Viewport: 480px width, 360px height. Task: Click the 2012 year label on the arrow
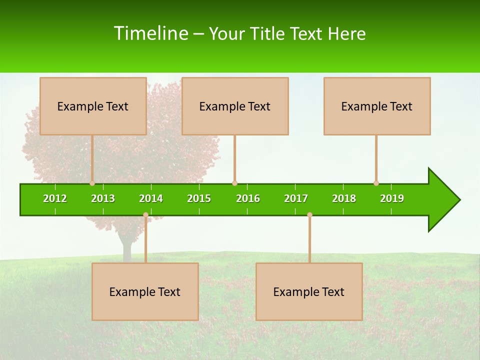tap(55, 198)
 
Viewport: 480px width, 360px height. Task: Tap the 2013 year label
tap(103, 198)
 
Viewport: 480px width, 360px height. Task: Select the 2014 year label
tap(151, 198)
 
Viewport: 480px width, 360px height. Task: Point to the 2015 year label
tap(199, 198)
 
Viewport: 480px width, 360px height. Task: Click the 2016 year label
tap(248, 198)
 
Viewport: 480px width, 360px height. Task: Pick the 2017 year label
tap(296, 198)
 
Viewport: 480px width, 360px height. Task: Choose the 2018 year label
tap(344, 198)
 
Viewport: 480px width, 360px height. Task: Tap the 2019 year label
tap(392, 198)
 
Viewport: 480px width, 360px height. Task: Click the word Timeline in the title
tap(150, 33)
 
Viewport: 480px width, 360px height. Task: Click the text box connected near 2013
tap(93, 106)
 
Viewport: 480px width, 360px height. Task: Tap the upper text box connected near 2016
tap(235, 106)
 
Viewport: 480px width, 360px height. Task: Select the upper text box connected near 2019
tap(377, 106)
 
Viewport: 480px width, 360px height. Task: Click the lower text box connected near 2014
tap(145, 291)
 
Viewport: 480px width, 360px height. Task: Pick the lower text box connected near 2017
tap(309, 291)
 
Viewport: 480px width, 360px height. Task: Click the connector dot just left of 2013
tap(92, 183)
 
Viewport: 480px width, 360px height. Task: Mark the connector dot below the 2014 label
tap(145, 215)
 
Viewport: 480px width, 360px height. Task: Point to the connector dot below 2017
tap(309, 215)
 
